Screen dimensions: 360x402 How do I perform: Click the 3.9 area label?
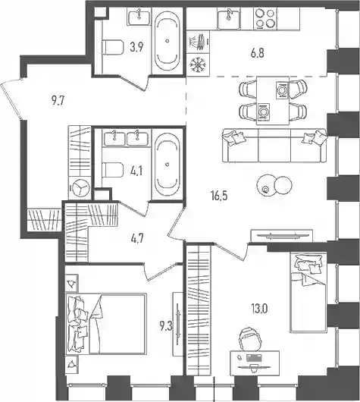coord(136,47)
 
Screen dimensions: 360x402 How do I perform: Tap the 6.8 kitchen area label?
coord(258,54)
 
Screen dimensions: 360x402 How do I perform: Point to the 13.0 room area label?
coord(259,309)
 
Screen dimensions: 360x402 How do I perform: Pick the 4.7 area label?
coord(136,240)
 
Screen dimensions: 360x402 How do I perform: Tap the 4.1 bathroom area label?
coord(136,171)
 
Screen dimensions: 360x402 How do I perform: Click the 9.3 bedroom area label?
coord(167,327)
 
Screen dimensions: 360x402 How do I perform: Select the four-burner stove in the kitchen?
coord(265,18)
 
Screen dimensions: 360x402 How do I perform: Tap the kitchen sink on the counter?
coord(229,18)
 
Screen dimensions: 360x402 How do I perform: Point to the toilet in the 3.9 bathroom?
coord(113,47)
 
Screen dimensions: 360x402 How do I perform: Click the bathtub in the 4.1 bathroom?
coord(167,165)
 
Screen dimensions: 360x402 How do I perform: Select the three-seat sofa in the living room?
coord(274,146)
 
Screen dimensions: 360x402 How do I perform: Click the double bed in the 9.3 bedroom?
coord(106,324)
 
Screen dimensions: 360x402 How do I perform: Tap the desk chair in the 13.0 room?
coord(251,339)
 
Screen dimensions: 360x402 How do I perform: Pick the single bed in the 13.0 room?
coord(308,292)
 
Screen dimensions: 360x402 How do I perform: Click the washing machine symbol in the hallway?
coord(80,187)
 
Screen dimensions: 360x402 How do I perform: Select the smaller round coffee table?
coord(283,185)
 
